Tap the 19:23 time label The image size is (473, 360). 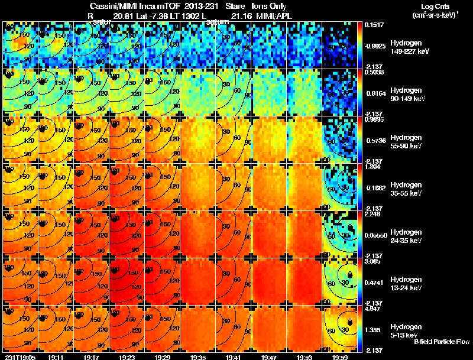[x=127, y=357]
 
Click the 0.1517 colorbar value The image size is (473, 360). [x=374, y=25]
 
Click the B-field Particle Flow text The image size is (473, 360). [x=442, y=342]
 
